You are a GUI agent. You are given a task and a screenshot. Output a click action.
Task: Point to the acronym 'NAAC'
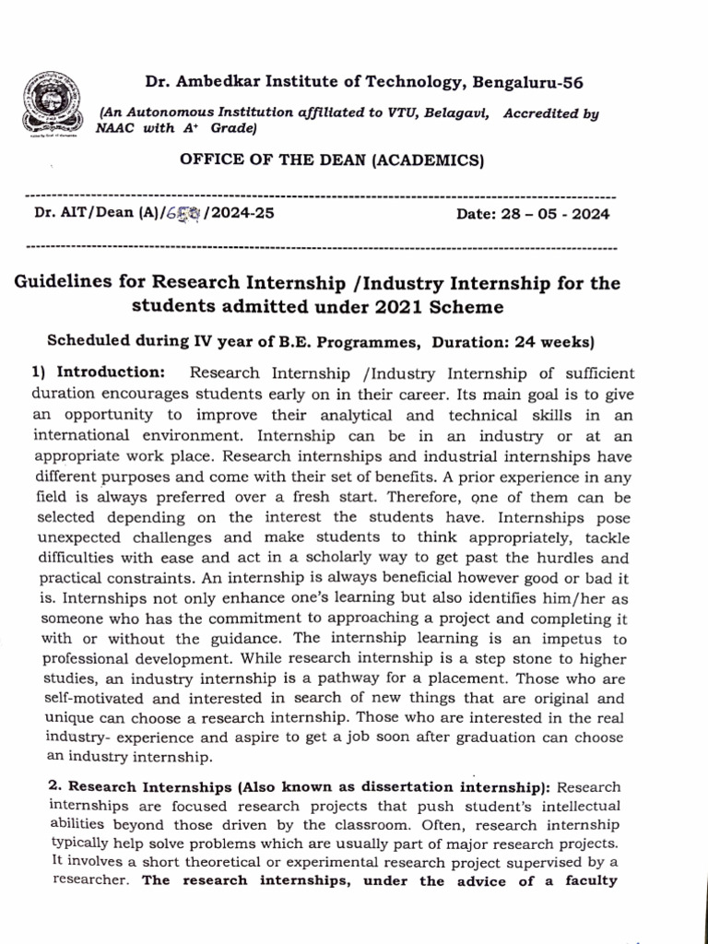[116, 129]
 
